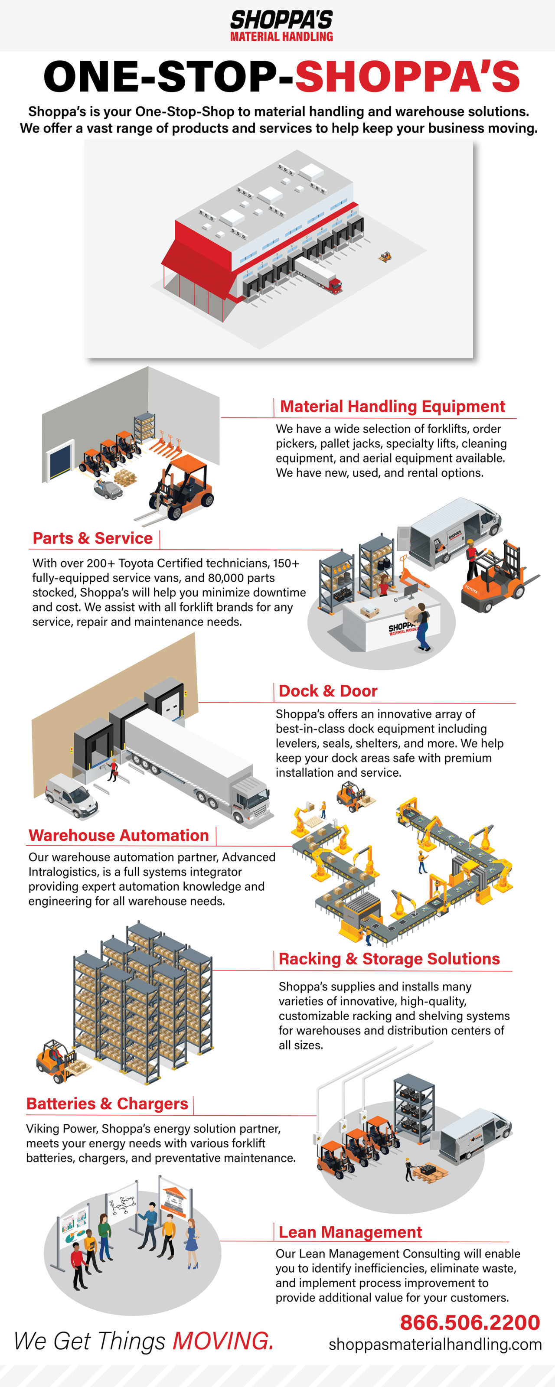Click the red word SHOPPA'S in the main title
click(407, 76)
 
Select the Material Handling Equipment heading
click(392, 407)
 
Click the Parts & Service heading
click(93, 538)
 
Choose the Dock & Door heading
click(328, 691)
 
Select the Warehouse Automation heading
click(118, 836)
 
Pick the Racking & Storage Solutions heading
click(389, 959)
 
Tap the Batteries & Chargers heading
click(107, 1104)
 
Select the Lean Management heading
click(350, 1232)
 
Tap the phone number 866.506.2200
click(469, 1323)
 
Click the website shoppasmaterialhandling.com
click(435, 1345)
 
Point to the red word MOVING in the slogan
click(222, 1341)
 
